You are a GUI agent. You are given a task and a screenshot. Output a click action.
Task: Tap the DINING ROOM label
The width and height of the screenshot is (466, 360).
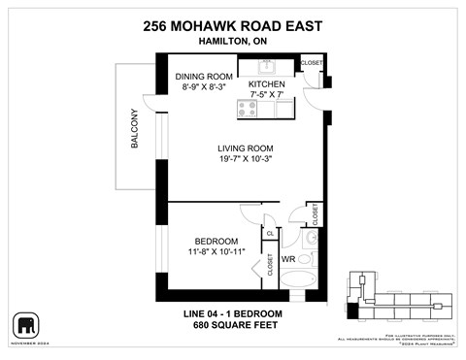[x=204, y=77]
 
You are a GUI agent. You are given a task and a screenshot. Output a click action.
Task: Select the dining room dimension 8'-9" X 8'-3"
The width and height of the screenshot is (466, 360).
[x=204, y=87]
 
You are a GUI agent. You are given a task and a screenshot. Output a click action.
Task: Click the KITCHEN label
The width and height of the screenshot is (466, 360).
[x=266, y=84]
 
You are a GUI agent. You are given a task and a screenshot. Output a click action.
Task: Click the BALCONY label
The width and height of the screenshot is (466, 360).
[x=134, y=129]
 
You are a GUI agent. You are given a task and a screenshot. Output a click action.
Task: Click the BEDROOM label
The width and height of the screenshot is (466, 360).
[x=216, y=241]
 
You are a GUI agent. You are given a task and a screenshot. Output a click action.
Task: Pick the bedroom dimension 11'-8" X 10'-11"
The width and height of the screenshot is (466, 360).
[x=216, y=251]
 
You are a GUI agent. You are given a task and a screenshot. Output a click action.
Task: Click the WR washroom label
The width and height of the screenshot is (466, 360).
[x=288, y=260]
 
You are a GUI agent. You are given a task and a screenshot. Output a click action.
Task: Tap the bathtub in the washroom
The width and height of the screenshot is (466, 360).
[x=302, y=280]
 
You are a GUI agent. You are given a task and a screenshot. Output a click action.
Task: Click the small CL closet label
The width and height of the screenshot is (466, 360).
[x=269, y=233]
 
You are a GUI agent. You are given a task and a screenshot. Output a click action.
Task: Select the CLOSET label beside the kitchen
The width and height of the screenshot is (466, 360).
[x=311, y=63]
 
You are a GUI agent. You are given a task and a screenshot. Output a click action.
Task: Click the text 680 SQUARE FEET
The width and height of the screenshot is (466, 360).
[x=232, y=326]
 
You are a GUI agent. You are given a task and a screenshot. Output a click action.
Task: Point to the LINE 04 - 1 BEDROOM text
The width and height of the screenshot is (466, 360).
[x=232, y=313]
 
